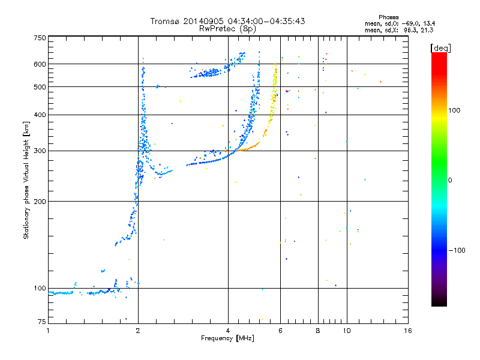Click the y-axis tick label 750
point(40,38)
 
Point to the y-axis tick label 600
point(40,64)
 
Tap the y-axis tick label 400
point(40,115)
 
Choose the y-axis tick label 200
point(40,201)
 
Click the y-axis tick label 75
point(41,323)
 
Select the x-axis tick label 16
point(407,331)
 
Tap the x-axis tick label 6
point(280,331)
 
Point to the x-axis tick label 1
point(48,331)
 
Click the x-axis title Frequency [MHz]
point(227,338)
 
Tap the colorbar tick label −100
point(459,250)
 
